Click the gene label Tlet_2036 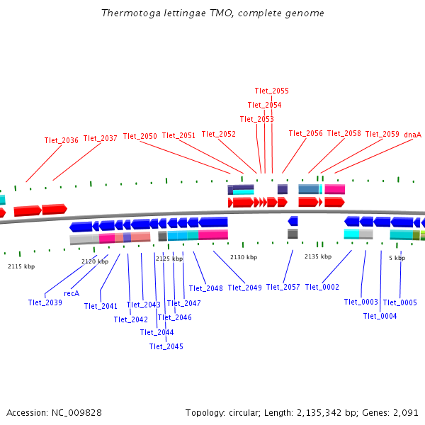click(61, 140)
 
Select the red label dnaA click(412, 134)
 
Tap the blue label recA click(72, 293)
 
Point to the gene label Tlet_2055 click(272, 91)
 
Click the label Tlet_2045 click(166, 346)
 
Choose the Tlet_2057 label click(283, 287)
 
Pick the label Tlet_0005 click(399, 302)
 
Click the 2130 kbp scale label click(244, 257)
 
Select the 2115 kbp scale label click(21, 266)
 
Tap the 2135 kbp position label click(318, 257)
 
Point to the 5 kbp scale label click(397, 258)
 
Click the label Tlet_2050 click(140, 136)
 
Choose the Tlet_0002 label click(322, 287)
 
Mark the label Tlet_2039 click(45, 302)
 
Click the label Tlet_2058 click(344, 133)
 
